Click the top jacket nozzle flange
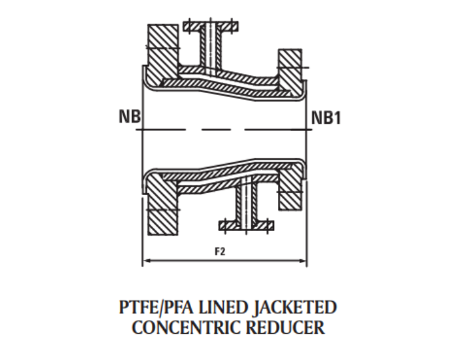click(210, 27)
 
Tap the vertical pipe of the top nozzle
click(210, 48)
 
